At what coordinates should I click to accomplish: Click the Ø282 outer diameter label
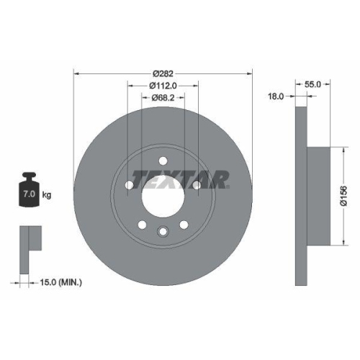click(x=163, y=72)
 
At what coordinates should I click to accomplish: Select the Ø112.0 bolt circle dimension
click(x=163, y=86)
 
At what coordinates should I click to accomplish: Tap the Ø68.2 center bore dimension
click(x=163, y=99)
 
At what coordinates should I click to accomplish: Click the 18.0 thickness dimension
click(x=276, y=95)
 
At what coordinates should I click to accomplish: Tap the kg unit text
click(x=47, y=195)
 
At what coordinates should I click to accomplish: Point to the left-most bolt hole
click(x=130, y=186)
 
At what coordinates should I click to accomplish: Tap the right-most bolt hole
click(x=196, y=186)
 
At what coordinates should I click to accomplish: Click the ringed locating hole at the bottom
click(x=163, y=230)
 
